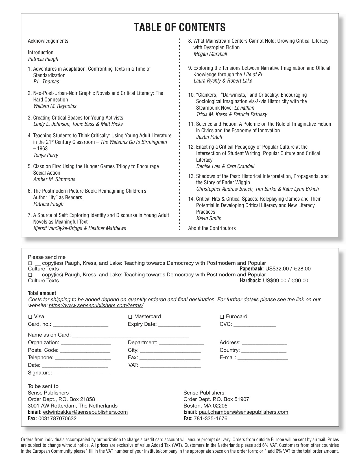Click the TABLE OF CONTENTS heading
(180, 27)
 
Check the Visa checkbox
(30, 317)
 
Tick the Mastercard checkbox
(130, 317)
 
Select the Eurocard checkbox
(222, 317)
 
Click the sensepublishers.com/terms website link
(96, 305)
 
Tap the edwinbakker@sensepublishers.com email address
(85, 412)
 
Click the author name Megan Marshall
(210, 54)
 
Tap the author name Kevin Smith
(209, 218)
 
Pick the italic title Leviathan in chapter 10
(244, 108)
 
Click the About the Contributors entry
(212, 228)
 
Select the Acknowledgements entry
(48, 41)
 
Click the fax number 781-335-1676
(210, 419)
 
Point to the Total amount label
(42, 293)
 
